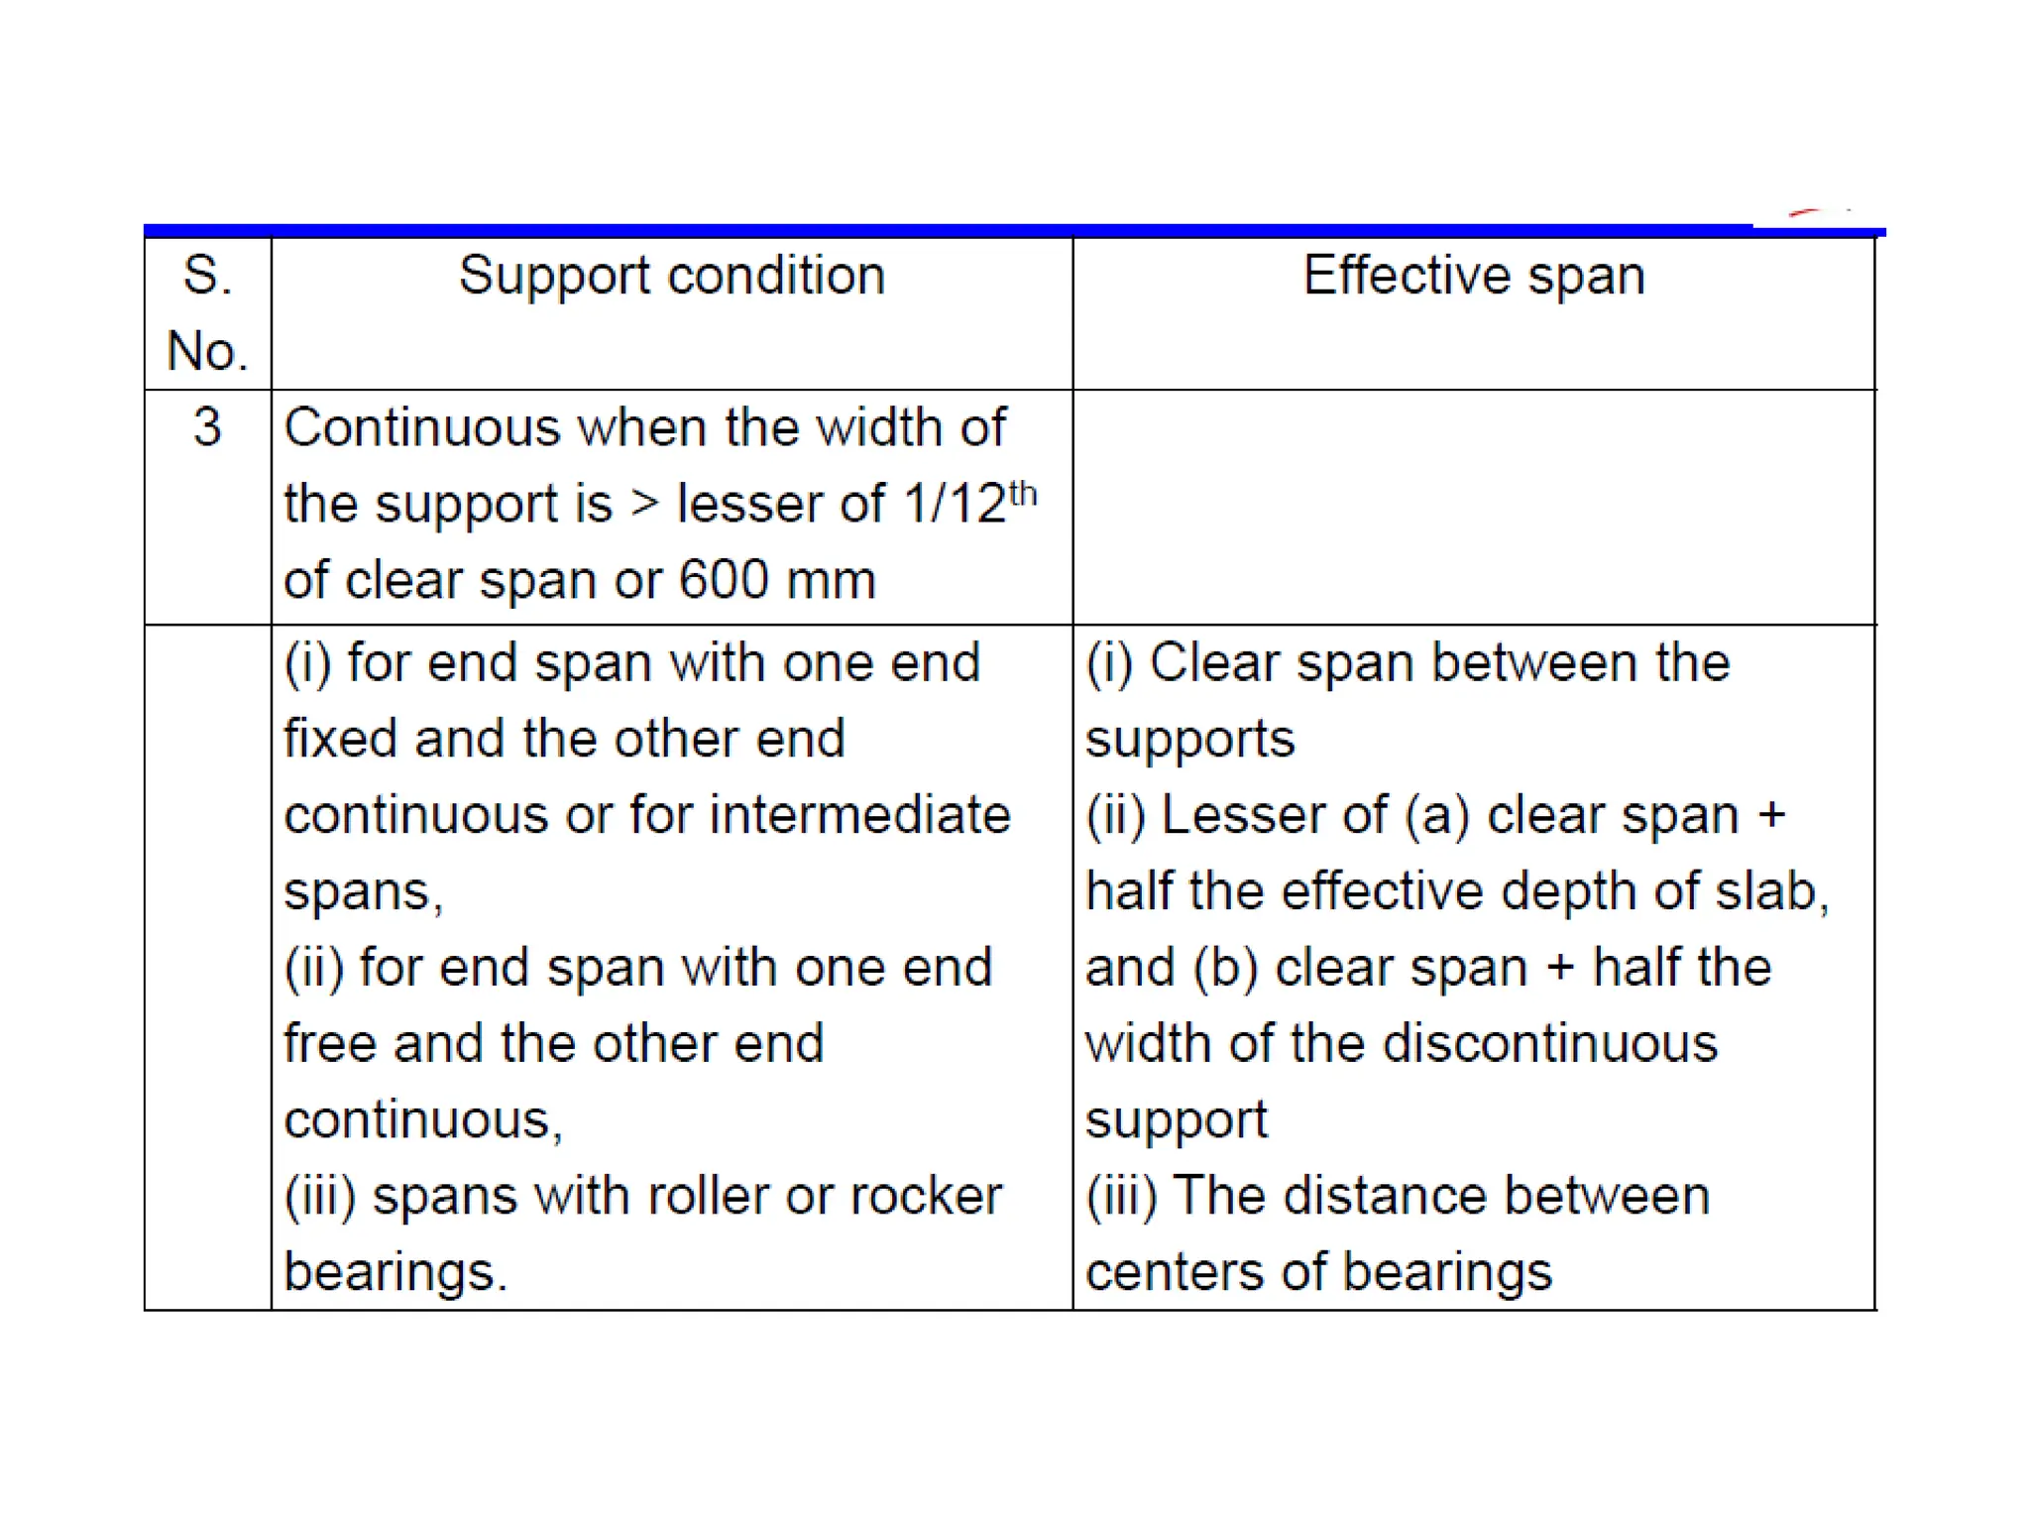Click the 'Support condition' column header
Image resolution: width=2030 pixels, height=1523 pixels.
click(x=671, y=276)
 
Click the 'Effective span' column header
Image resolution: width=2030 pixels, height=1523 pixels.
click(x=1473, y=276)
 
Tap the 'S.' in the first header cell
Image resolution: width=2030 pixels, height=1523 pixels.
click(x=207, y=276)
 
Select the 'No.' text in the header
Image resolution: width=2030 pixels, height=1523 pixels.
click(x=207, y=351)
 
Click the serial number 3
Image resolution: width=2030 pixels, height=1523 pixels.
click(x=207, y=427)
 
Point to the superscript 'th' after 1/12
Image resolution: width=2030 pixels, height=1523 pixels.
click(x=1023, y=493)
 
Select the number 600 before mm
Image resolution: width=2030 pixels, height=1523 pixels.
click(x=723, y=580)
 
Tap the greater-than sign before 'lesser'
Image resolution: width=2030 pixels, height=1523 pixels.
click(x=644, y=504)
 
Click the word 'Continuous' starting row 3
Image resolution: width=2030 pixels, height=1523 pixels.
click(x=422, y=427)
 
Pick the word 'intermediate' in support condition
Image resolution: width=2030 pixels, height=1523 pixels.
click(x=859, y=815)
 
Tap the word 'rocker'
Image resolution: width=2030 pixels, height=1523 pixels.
click(x=925, y=1196)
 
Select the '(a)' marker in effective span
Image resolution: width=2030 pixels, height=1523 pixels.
click(x=1437, y=815)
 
